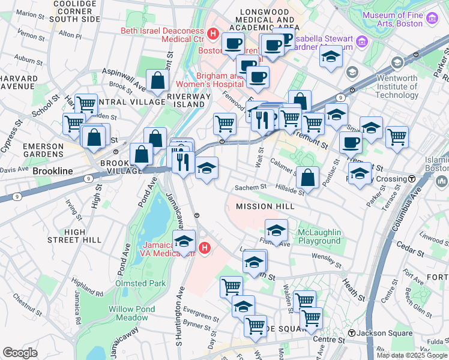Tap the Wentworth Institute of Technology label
[393, 86]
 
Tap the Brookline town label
[53, 171]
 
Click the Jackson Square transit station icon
[352, 332]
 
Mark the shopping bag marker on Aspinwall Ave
[157, 80]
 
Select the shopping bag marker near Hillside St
[307, 177]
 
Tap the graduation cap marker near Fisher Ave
[276, 230]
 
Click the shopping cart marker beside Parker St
[397, 136]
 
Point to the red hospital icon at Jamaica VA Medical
[205, 247]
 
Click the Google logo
[20, 352]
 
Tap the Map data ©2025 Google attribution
[411, 355]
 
